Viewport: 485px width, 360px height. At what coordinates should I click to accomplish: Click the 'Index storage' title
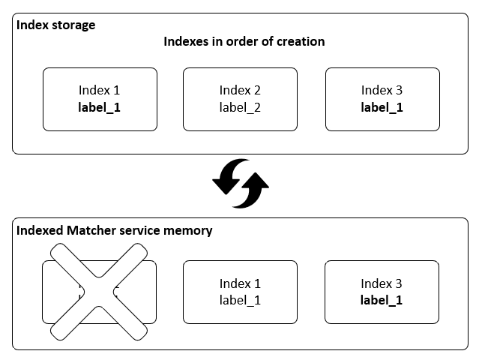point(55,25)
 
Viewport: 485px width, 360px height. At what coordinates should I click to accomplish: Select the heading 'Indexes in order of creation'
point(244,41)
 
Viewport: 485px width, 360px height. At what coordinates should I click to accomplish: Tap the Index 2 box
point(240,99)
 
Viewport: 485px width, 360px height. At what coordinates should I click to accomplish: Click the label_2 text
point(240,107)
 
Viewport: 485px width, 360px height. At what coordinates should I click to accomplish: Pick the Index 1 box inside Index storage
point(99,99)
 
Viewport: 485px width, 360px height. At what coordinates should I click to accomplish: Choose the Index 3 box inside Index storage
point(382,99)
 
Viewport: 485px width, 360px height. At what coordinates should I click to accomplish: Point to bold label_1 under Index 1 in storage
point(99,107)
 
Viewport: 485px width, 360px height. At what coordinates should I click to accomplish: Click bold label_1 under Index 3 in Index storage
point(382,107)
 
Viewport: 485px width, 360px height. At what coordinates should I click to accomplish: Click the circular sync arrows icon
point(240,182)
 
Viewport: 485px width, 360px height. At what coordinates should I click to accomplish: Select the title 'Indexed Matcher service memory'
point(114,230)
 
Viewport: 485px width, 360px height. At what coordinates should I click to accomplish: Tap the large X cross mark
point(99,292)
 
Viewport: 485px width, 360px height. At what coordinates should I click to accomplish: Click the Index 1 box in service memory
point(240,292)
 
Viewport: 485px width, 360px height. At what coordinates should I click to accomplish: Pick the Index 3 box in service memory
point(382,292)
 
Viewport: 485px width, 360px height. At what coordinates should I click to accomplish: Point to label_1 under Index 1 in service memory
point(240,300)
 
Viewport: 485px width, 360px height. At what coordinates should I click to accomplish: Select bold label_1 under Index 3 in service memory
point(382,300)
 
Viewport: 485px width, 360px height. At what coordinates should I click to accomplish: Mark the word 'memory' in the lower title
point(189,230)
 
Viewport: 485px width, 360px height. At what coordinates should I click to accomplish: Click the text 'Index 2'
point(240,91)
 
